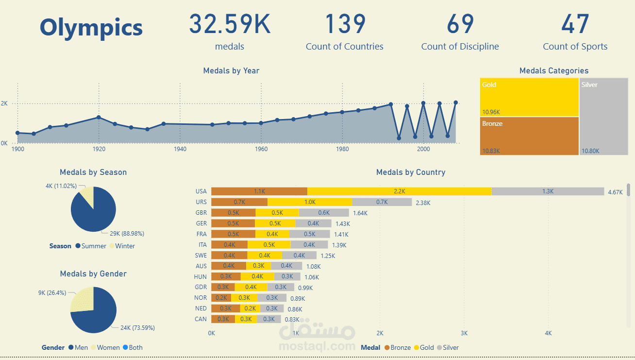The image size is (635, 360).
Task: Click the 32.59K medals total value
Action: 229,24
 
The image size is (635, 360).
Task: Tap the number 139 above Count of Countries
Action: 344,24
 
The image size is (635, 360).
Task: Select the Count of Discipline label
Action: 460,47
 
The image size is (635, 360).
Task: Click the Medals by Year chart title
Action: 231,71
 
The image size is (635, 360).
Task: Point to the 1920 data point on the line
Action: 99,117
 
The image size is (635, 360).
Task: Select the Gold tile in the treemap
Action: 529,97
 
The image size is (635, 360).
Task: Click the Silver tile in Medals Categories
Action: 603,117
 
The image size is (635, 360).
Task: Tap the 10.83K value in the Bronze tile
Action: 491,151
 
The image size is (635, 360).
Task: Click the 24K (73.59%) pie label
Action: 137,328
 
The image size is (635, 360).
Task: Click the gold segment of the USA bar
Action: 399,191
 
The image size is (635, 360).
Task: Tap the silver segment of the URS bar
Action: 382,202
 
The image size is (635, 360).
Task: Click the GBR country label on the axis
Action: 201,213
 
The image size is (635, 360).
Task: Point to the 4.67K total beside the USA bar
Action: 615,192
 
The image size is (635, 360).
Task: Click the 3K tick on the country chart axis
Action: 464,333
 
